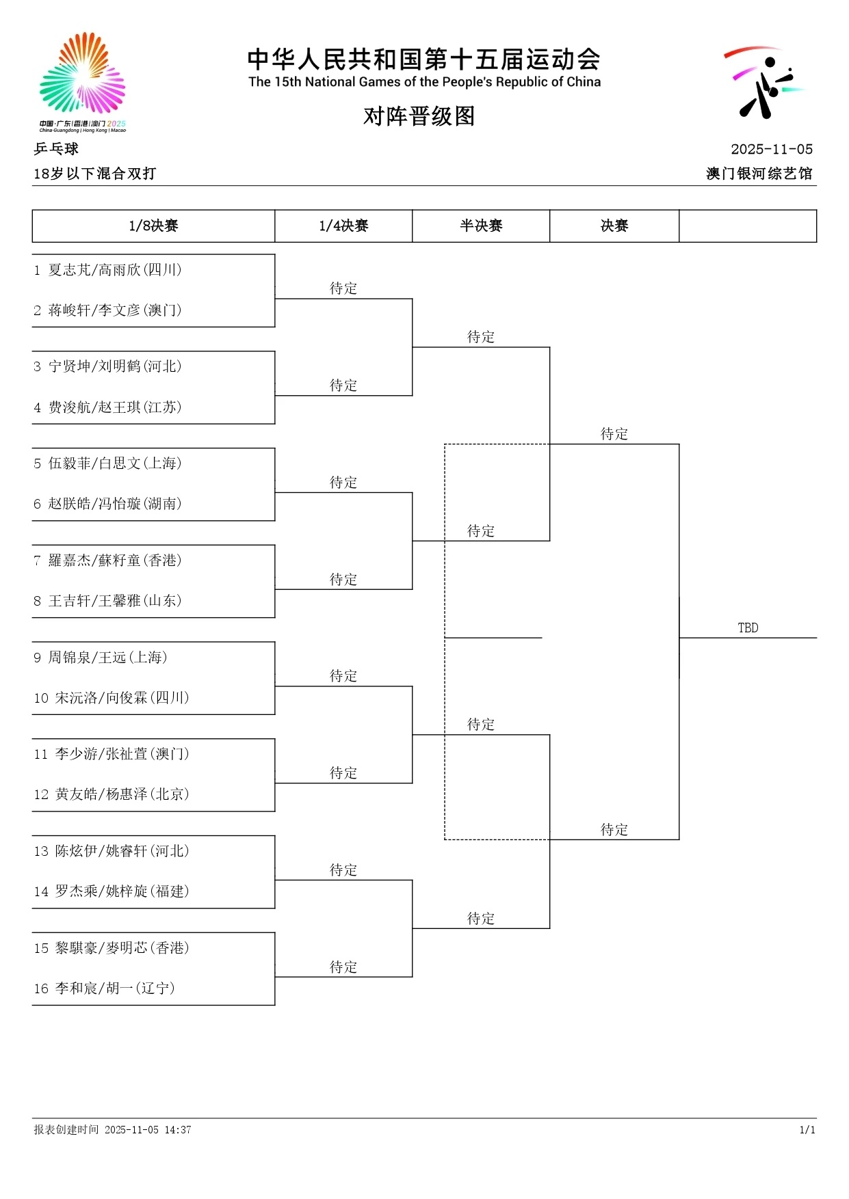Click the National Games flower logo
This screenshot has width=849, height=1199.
pyautogui.click(x=82, y=79)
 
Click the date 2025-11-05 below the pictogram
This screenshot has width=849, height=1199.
pyautogui.click(x=771, y=149)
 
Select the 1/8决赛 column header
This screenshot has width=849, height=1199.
pyautogui.click(x=153, y=226)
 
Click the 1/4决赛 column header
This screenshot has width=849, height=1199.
pyautogui.click(x=343, y=226)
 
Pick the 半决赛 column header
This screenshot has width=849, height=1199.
pyautogui.click(x=481, y=226)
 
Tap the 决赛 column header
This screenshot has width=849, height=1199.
pyautogui.click(x=614, y=226)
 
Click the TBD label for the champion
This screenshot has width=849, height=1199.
pyautogui.click(x=748, y=628)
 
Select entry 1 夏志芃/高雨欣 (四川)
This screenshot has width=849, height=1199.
pyautogui.click(x=108, y=270)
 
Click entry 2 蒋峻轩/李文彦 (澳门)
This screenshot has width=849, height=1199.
pyautogui.click(x=108, y=310)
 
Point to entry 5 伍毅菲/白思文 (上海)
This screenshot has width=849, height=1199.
pyautogui.click(x=108, y=463)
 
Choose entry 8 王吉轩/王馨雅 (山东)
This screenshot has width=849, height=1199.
pyautogui.click(x=108, y=601)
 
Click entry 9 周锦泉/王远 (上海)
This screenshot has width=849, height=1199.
pyautogui.click(x=101, y=658)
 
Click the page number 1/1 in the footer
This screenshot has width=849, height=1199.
pyautogui.click(x=807, y=1130)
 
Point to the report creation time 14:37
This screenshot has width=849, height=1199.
pyautogui.click(x=177, y=1130)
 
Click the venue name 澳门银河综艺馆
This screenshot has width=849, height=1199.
pyautogui.click(x=759, y=174)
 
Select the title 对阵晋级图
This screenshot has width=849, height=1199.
pyautogui.click(x=419, y=116)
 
